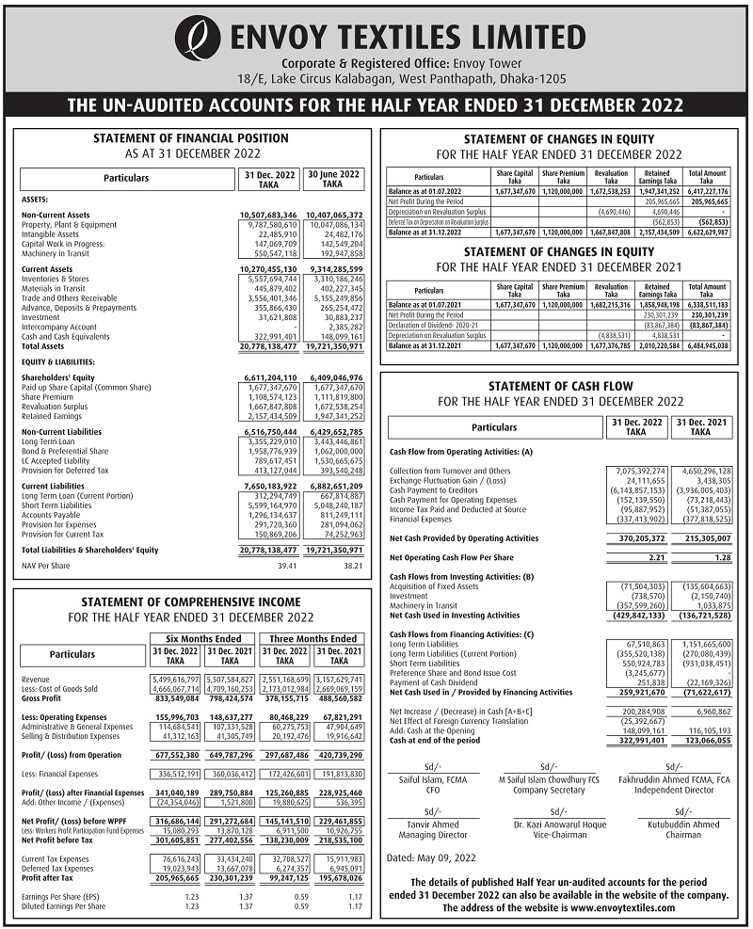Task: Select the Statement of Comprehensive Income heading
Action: pos(190,601)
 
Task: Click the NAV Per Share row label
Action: pos(46,567)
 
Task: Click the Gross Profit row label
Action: pos(41,699)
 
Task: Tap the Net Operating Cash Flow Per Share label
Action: pos(452,557)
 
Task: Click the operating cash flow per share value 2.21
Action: pos(655,557)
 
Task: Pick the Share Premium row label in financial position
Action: pos(48,397)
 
